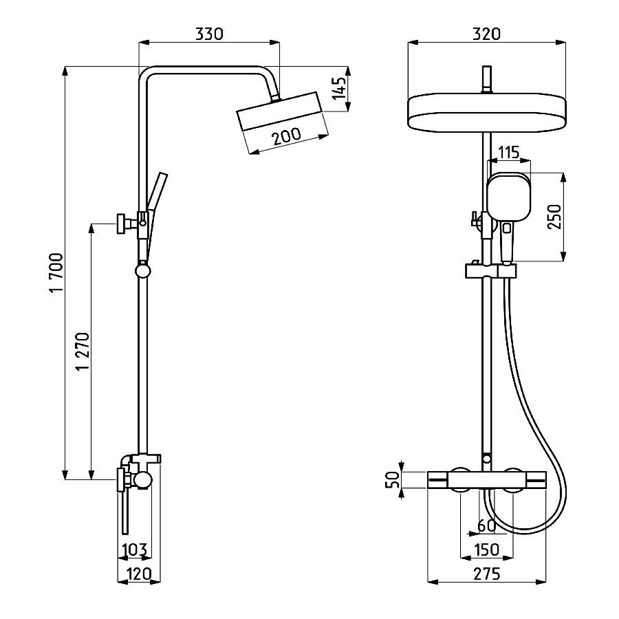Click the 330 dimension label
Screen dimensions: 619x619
(209, 34)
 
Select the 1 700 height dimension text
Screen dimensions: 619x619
(56, 272)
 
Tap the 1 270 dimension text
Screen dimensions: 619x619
(83, 351)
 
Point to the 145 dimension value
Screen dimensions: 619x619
(339, 88)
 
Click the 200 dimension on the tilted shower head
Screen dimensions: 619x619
(287, 135)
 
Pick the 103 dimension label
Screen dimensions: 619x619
(135, 549)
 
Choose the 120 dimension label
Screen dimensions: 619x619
(140, 573)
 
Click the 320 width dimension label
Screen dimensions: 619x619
(486, 34)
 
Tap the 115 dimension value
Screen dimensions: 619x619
(508, 152)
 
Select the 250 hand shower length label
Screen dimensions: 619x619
(554, 217)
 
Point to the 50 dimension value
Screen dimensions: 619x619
(393, 479)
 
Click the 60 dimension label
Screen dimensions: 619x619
(486, 525)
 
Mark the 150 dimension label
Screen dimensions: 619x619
(486, 549)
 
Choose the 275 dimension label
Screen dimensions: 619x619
(486, 573)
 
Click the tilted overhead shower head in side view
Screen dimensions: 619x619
(281, 111)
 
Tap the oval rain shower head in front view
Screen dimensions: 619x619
(487, 113)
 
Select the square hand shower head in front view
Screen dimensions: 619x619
(509, 197)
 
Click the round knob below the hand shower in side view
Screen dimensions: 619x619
(142, 271)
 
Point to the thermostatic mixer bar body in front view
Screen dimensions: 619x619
(487, 479)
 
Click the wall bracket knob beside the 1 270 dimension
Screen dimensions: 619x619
(120, 224)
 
